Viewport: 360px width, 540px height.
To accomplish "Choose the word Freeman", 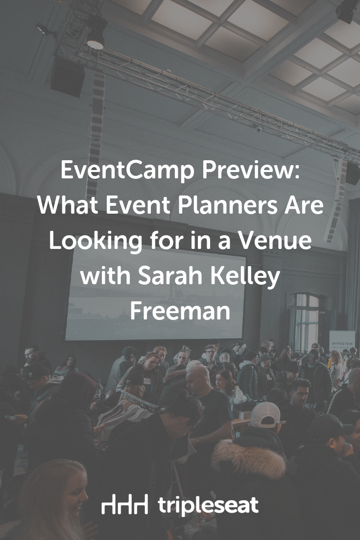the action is pos(180,311).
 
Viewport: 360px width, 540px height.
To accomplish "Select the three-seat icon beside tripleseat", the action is pos(124,504).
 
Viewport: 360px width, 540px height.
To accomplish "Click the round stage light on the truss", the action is pos(96,33).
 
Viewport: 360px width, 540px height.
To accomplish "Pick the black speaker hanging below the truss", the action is pos(68,77).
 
